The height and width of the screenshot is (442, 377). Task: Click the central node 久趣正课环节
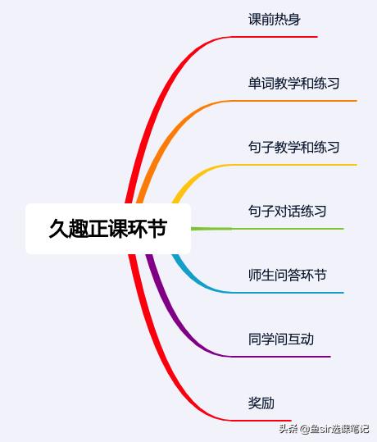108,229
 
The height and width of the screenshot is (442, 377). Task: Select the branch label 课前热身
275,20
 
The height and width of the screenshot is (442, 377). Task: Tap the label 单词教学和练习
293,83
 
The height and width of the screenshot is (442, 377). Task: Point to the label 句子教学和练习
293,147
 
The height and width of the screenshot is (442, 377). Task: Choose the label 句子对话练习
287,211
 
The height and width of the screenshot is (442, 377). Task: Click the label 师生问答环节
287,275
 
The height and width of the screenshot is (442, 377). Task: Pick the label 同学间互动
280,339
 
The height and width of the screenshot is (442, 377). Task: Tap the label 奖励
261,403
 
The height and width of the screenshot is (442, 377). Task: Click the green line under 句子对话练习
267,229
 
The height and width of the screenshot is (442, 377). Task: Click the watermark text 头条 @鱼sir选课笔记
324,429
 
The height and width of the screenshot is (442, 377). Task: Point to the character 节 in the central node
158,229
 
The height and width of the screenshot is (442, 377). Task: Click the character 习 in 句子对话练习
320,211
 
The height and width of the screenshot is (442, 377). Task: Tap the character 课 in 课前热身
254,20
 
